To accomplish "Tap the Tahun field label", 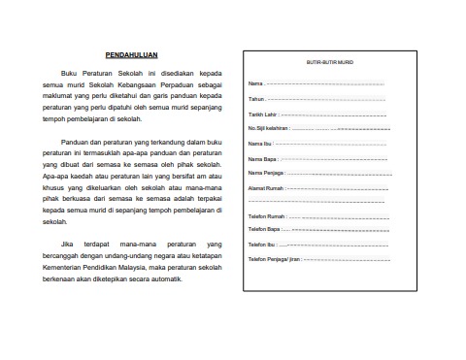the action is [x=256, y=99].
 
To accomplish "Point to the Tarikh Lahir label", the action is [x=261, y=114].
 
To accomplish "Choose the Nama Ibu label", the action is [x=260, y=144].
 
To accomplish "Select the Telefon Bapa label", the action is [x=264, y=229].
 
